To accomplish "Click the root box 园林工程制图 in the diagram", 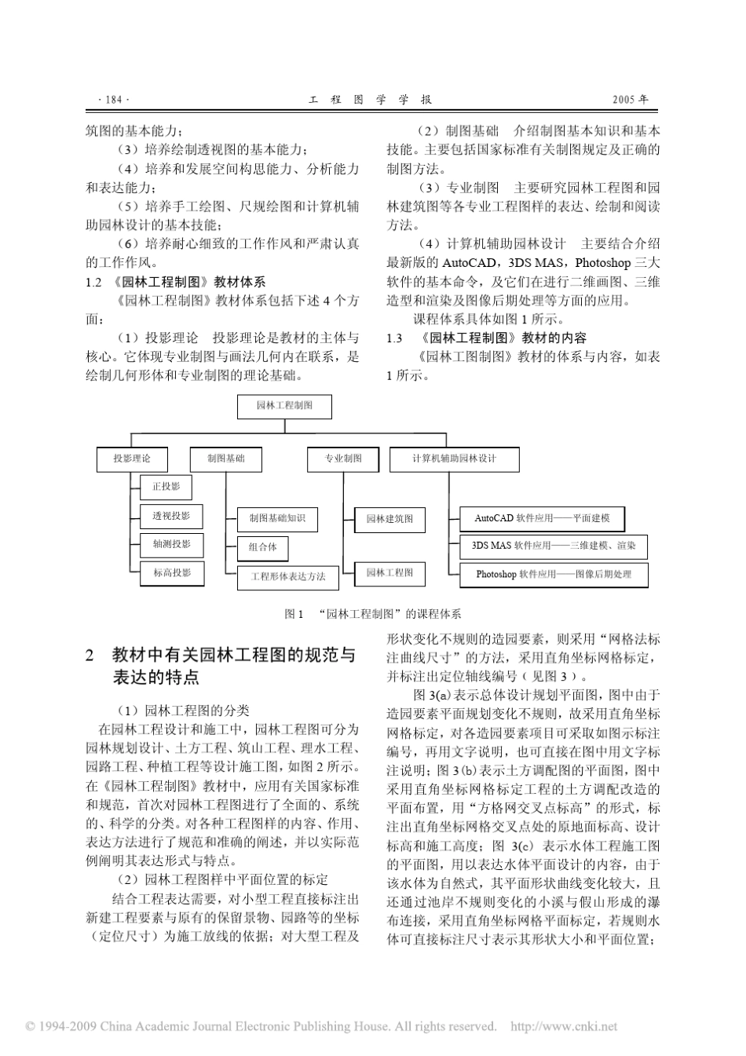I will [284, 406].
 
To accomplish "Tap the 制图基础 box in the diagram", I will [225, 459].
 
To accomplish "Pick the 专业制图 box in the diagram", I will [344, 459].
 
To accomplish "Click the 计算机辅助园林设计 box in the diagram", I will [454, 459].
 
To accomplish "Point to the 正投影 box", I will [166, 488].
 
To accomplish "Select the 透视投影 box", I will [171, 516].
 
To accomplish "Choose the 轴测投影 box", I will [171, 544].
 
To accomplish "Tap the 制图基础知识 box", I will [277, 519].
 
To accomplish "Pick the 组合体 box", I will [262, 547].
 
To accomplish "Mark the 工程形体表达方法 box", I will [287, 577].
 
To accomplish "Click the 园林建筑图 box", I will [389, 519].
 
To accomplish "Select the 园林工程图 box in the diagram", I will [389, 573].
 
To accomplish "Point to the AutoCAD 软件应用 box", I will [542, 518].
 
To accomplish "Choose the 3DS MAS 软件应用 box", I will [554, 546].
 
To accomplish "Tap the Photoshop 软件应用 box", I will [554, 574].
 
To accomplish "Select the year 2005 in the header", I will [630, 100].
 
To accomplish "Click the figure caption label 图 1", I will [294, 614].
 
